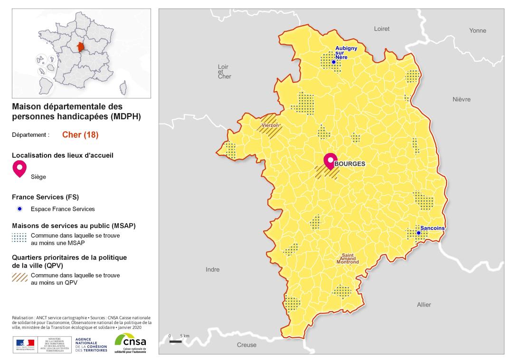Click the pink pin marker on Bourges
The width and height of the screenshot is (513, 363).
[x=330, y=162]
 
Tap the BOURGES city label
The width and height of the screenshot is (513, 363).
[x=350, y=164]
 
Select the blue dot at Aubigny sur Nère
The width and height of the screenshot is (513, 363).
[x=333, y=62]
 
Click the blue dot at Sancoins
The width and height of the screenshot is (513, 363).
[x=418, y=233]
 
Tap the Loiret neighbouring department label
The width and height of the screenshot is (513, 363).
[x=381, y=29]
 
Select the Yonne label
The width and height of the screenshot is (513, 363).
[x=477, y=31]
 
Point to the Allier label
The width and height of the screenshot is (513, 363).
[x=424, y=305]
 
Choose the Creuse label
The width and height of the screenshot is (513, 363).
[x=247, y=345]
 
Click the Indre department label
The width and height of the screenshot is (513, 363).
[x=212, y=269]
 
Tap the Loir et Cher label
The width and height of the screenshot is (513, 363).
[x=224, y=71]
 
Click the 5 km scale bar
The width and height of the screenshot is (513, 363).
[x=176, y=341]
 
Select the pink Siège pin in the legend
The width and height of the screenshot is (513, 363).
[x=19, y=168]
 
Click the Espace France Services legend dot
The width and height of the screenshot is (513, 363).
[x=19, y=209]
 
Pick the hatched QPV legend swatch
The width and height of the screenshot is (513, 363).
[x=19, y=278]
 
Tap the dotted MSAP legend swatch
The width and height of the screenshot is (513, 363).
[x=19, y=239]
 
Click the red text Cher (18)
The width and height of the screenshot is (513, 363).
[x=80, y=134]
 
